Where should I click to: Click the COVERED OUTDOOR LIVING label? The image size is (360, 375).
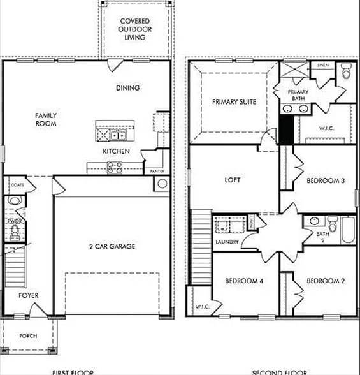click(134, 29)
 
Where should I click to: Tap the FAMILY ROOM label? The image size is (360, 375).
click(45, 119)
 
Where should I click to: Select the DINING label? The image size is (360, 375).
click(127, 88)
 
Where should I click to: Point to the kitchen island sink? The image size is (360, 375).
click(117, 135)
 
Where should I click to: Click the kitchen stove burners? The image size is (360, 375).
click(114, 167)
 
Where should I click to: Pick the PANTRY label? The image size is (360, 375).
click(157, 172)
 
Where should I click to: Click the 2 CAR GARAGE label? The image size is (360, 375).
click(112, 246)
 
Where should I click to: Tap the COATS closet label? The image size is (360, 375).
click(17, 184)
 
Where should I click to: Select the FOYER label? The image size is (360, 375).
click(28, 295)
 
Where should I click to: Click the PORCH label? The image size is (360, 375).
click(28, 335)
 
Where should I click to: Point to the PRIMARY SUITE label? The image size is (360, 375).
click(234, 101)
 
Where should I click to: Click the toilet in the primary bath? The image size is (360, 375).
click(346, 71)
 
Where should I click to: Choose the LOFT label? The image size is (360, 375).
click(233, 180)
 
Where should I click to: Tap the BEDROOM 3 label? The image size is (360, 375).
click(326, 180)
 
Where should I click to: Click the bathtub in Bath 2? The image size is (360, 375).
click(348, 230)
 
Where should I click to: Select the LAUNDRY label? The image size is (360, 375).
click(227, 242)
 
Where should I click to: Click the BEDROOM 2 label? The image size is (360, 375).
click(325, 281)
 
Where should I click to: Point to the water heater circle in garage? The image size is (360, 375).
click(162, 184)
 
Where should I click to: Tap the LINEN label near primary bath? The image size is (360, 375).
click(322, 64)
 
